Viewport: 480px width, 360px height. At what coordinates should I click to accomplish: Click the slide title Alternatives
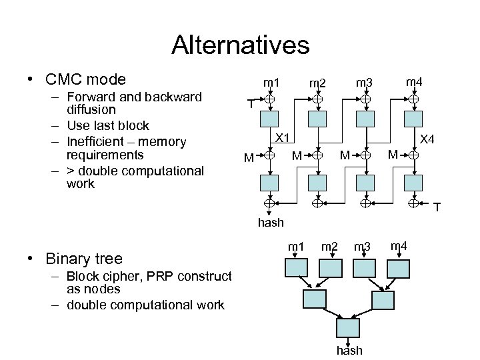tap(240, 45)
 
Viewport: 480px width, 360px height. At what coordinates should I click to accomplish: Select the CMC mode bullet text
tap(85, 79)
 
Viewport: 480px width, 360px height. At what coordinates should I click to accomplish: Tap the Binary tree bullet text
tap(83, 258)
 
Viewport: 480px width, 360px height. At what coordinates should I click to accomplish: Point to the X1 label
tap(283, 138)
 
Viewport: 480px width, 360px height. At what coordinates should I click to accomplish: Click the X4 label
tap(427, 139)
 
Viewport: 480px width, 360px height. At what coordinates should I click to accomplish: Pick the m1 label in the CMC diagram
tap(271, 83)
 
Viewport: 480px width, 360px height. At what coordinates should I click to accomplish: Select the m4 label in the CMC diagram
tap(414, 82)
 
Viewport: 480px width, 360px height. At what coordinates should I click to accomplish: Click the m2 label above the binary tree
tap(329, 247)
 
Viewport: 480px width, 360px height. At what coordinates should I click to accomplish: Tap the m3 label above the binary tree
tap(363, 247)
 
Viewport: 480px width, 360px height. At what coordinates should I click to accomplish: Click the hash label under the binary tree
tap(349, 350)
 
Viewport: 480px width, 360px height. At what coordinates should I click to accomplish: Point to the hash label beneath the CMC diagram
tap(270, 222)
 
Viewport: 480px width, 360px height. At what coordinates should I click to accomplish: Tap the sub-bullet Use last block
tap(107, 125)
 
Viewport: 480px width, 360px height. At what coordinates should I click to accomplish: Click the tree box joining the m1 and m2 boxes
tap(315, 298)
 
